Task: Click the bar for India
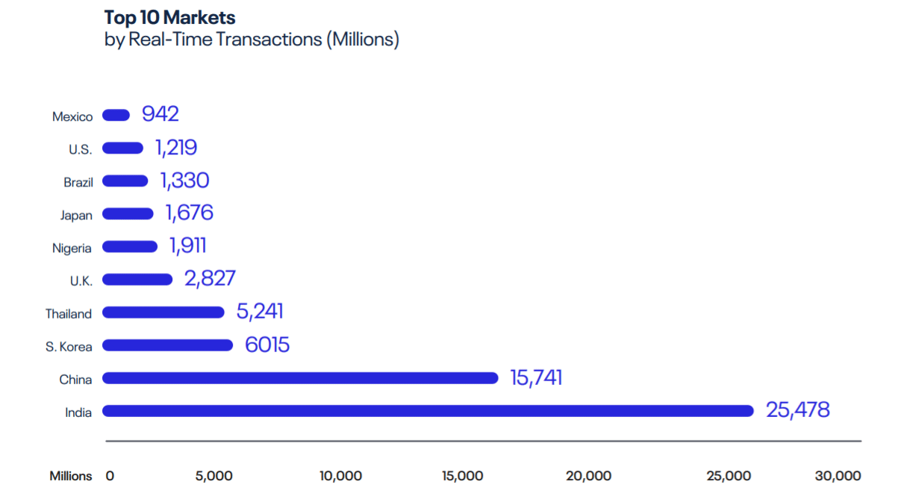(x=428, y=411)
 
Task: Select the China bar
(x=300, y=378)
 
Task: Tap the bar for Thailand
(x=163, y=313)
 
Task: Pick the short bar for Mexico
(x=116, y=115)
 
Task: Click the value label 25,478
(x=797, y=410)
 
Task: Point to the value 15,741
(x=535, y=377)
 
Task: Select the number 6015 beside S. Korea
(x=266, y=345)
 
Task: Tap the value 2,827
(x=209, y=279)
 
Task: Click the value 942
(x=160, y=114)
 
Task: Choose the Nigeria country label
(x=72, y=248)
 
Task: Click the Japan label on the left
(x=76, y=216)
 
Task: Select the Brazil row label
(x=78, y=183)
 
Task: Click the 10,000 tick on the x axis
(x=340, y=476)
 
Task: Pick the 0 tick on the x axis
(x=110, y=476)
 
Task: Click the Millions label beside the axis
(x=71, y=476)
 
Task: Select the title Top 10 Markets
(x=171, y=17)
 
